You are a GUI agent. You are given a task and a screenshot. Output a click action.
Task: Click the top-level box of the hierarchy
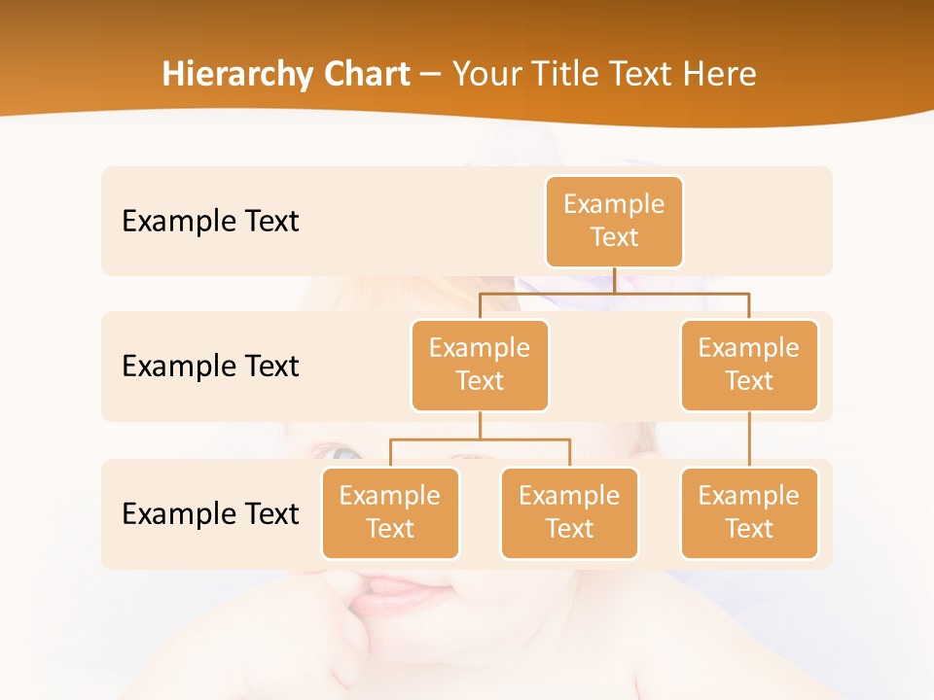coord(614,221)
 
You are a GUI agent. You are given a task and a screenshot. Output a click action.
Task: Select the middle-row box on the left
coord(480,365)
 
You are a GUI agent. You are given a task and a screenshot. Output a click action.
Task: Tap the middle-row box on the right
coord(748,365)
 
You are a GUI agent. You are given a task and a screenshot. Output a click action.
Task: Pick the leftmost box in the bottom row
coord(390,512)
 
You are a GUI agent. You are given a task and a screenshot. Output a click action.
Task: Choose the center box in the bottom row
coord(569,512)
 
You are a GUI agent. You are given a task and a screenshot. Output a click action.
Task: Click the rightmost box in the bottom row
coord(748,512)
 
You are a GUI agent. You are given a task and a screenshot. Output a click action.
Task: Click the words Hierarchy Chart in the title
coord(286,74)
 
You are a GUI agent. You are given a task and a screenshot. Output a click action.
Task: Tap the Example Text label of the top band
coord(210,221)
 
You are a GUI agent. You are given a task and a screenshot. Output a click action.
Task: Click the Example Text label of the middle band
coord(210,366)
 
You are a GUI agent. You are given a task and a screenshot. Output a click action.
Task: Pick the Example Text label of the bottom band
coord(210,513)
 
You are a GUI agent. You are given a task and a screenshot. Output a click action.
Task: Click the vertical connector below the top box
coord(614,279)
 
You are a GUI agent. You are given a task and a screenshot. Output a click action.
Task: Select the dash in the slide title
coord(431,75)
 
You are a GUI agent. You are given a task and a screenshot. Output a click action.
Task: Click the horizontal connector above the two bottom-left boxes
coord(480,439)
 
